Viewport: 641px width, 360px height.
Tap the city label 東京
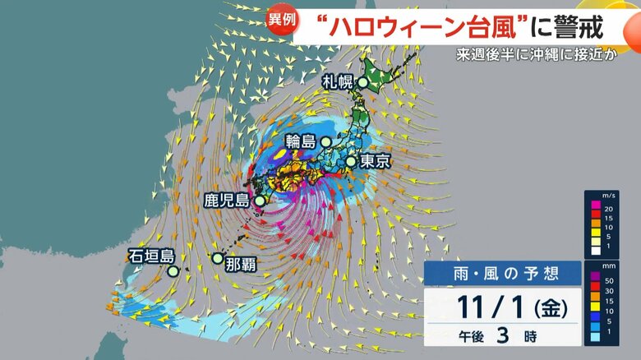pyautogui.click(x=373, y=162)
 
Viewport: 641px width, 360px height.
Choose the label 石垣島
pyautogui.click(x=151, y=256)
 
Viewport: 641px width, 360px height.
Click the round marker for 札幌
pyautogui.click(x=363, y=82)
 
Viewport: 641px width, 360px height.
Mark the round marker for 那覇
pyautogui.click(x=217, y=258)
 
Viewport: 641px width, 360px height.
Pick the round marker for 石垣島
pyautogui.click(x=173, y=270)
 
